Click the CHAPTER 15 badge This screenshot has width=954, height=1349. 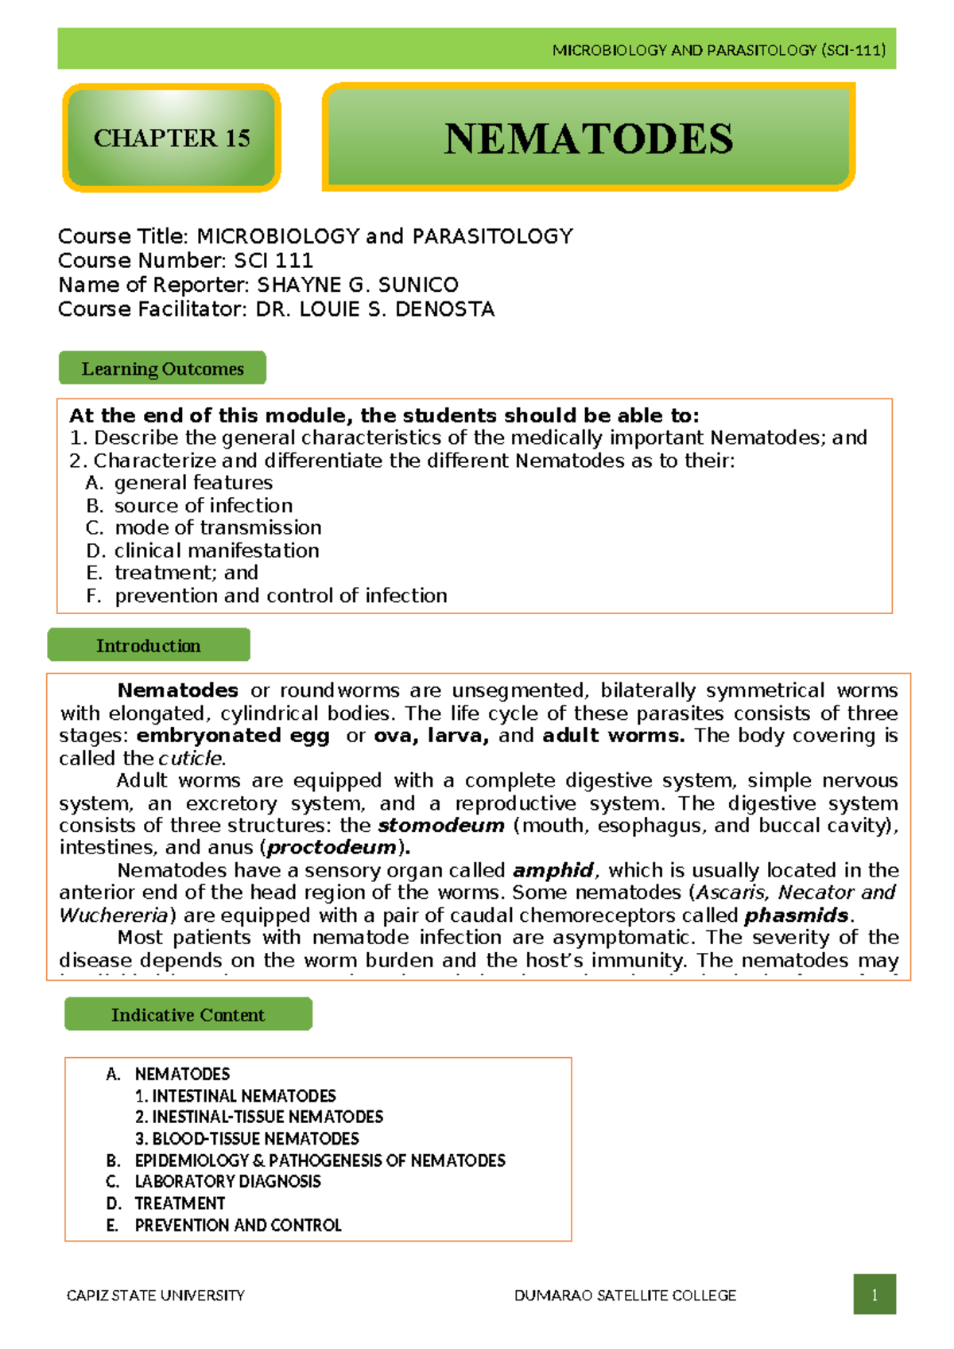pos(172,138)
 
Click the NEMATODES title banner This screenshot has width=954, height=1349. pos(588,138)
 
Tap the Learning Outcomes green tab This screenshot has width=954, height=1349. pos(162,368)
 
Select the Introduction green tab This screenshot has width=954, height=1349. pos(149,645)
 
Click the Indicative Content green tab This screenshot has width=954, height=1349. pos(188,1014)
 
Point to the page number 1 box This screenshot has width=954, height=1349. pos(874,1294)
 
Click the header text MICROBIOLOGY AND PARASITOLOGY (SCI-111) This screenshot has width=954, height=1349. pos(718,50)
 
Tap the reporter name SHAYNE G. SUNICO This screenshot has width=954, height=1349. pos(358,285)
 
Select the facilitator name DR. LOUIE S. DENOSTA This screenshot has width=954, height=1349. pos(374,309)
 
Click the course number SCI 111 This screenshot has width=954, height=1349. pos(273,261)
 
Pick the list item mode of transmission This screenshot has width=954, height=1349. pos(218,527)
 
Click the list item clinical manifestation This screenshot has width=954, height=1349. pos(216,550)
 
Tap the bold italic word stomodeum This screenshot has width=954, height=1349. pos(441,826)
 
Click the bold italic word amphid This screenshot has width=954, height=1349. pos(553,870)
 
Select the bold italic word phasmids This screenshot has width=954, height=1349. pos(796,916)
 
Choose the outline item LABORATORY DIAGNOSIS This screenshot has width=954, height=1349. pos(227,1181)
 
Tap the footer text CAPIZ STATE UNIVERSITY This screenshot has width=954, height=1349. pos(156,1295)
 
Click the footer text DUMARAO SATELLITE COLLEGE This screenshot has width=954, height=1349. pos(625,1295)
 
